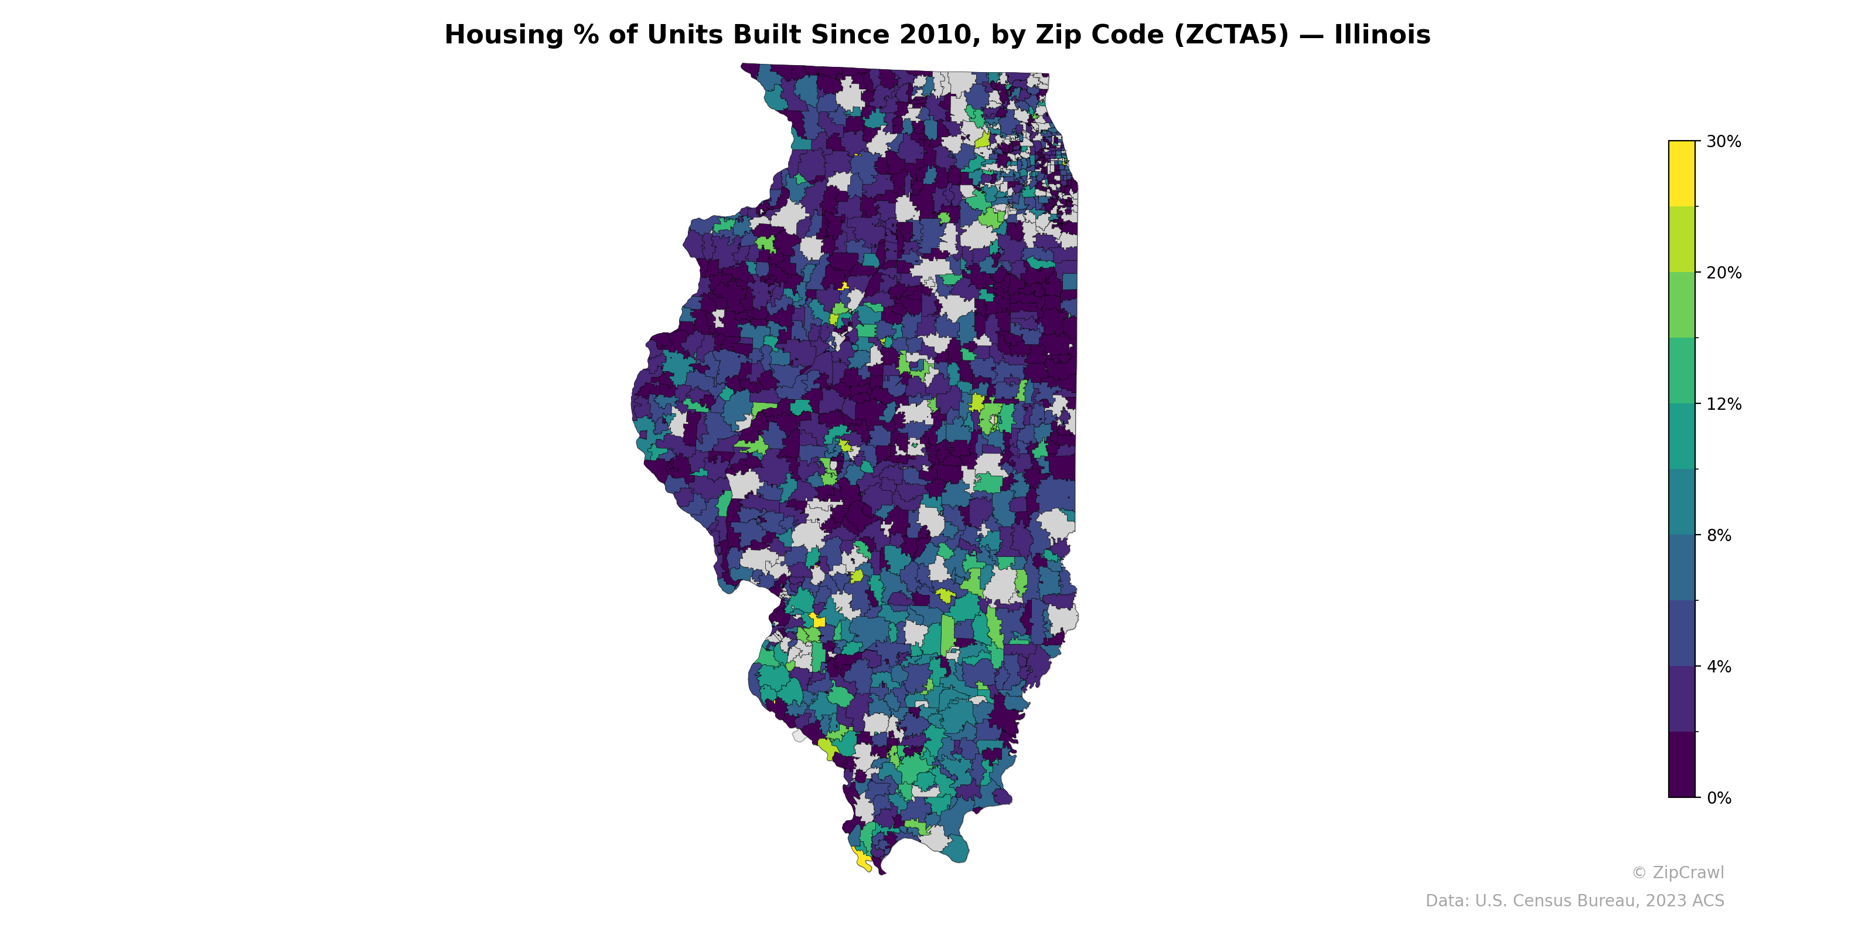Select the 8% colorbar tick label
click(1719, 535)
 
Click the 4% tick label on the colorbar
click(1719, 667)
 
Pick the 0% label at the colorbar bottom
click(1719, 798)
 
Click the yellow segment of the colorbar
click(1682, 174)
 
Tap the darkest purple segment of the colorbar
click(1682, 764)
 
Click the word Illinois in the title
click(1382, 35)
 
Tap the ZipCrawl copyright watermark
click(1678, 872)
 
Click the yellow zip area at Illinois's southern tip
click(863, 861)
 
